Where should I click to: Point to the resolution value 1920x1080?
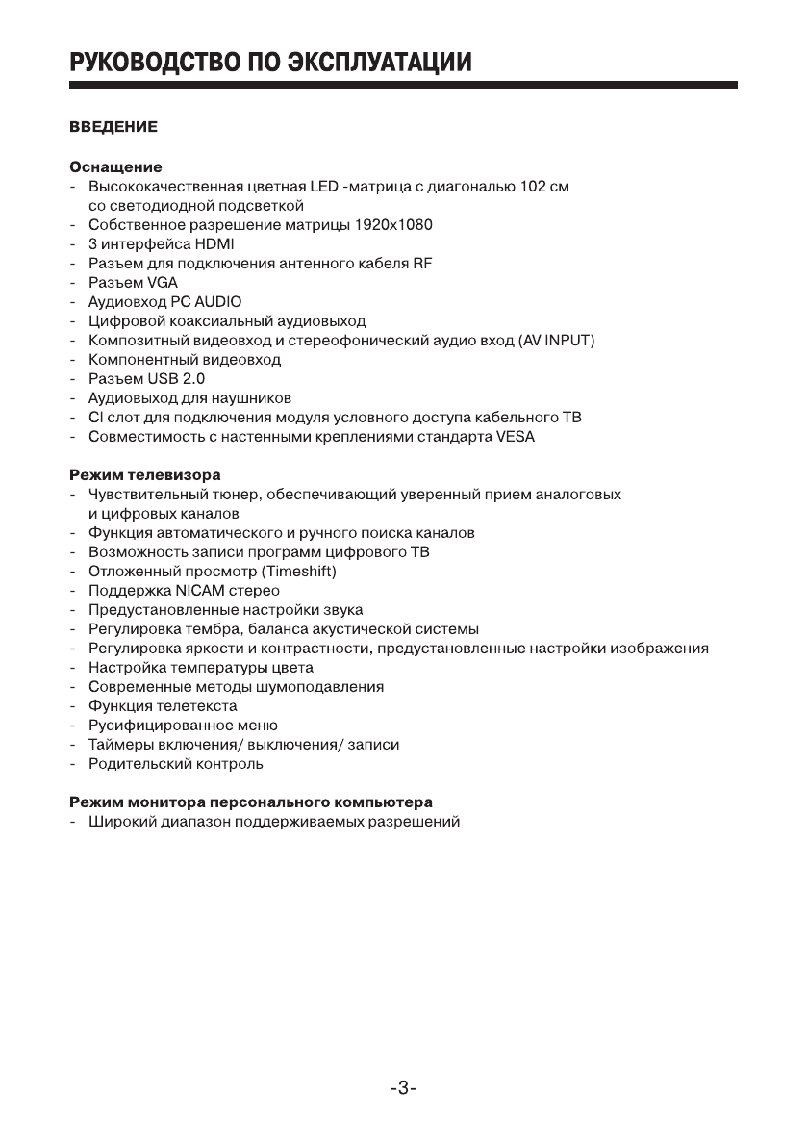coord(391,225)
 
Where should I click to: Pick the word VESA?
coord(516,437)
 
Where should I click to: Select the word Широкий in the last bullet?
coord(119,822)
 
